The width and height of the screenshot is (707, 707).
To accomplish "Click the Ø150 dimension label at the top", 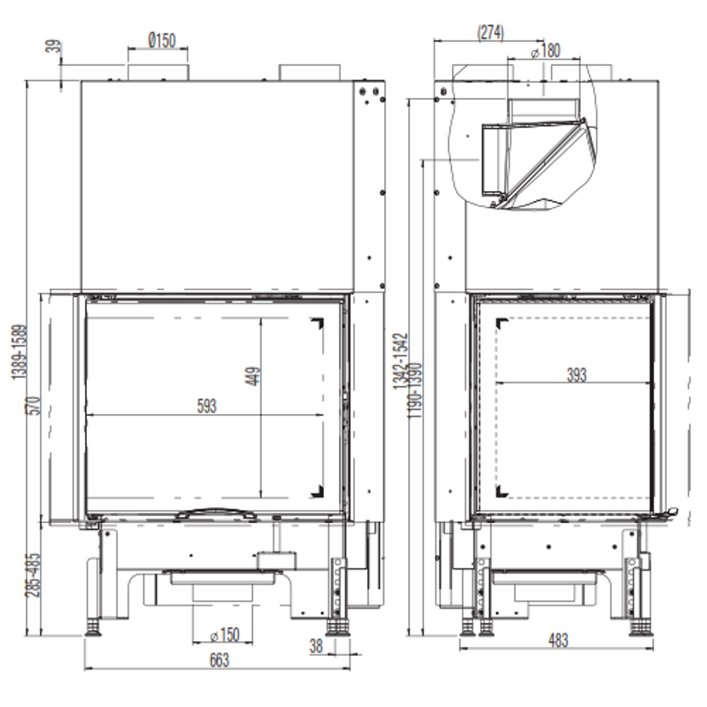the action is pos(162,40).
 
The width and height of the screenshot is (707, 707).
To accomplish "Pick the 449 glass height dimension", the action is pos(252,376).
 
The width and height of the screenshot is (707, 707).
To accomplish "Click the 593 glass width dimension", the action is pos(207,406).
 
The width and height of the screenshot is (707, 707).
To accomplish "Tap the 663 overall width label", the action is pos(219,660).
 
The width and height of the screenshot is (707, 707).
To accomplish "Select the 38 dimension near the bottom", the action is pos(316,646).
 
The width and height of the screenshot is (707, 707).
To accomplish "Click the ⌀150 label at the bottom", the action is pos(225,635).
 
